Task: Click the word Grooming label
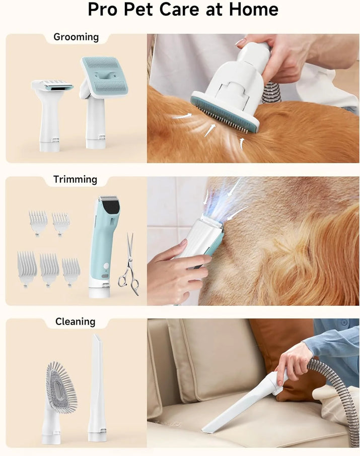(x=76, y=37)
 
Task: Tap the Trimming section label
(x=75, y=179)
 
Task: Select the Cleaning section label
(x=75, y=321)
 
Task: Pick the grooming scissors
(x=129, y=264)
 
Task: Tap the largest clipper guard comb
(x=27, y=267)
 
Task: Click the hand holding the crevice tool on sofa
(x=292, y=360)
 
